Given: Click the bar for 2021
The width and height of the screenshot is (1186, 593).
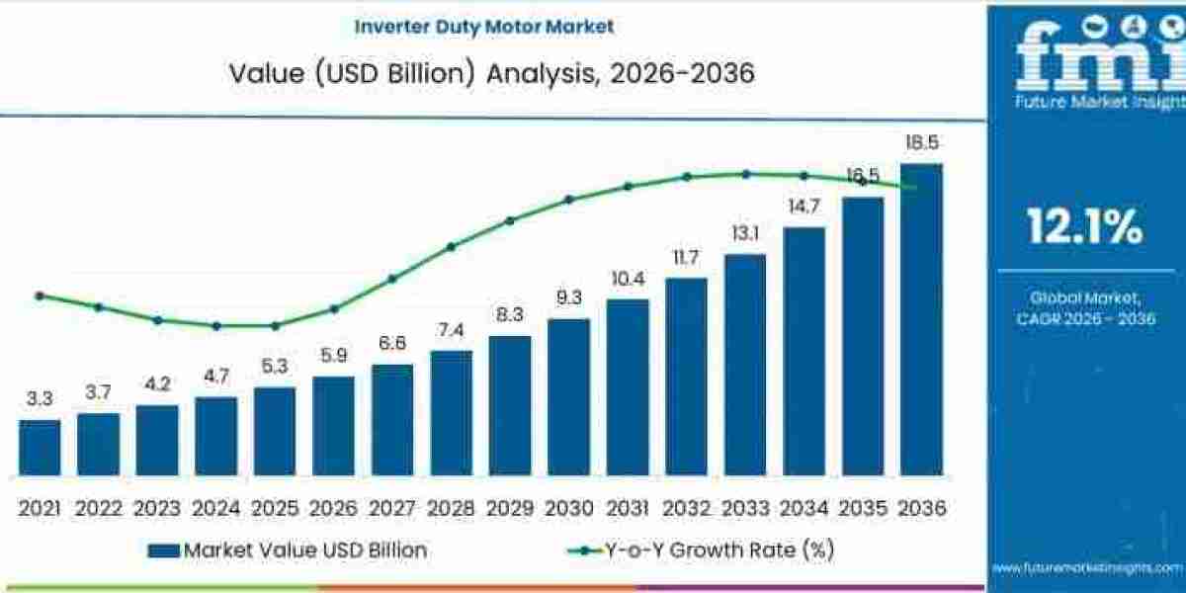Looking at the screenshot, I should pyautogui.click(x=40, y=448).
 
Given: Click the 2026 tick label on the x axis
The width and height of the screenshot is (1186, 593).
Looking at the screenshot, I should pyautogui.click(x=333, y=508).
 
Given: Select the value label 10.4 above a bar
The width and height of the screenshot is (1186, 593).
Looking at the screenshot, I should pyautogui.click(x=628, y=281).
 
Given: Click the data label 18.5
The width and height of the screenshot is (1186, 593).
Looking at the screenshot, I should pyautogui.click(x=921, y=143).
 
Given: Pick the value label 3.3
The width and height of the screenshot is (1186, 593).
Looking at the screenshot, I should pyautogui.click(x=40, y=399).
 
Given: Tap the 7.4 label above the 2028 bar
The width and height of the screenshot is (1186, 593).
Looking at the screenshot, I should pyautogui.click(x=451, y=330).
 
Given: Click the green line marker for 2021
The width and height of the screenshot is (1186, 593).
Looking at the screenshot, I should pyautogui.click(x=40, y=296).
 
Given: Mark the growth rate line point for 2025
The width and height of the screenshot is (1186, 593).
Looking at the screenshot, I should pyautogui.click(x=275, y=325).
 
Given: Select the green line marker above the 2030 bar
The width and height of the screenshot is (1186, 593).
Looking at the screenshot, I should pyautogui.click(x=568, y=199).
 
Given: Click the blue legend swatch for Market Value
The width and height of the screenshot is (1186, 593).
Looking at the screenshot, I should pyautogui.click(x=164, y=551).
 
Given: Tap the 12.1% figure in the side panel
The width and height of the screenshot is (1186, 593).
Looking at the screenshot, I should pyautogui.click(x=1085, y=227).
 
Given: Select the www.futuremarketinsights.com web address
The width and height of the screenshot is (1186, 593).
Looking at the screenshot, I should pyautogui.click(x=1087, y=567).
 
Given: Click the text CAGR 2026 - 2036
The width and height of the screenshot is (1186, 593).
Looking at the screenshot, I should pyautogui.click(x=1085, y=318).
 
